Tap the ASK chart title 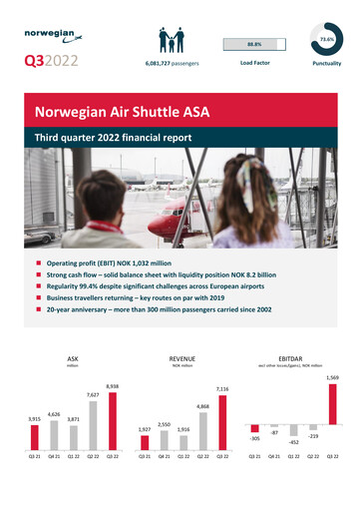click(72, 355)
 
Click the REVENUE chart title click(181, 355)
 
